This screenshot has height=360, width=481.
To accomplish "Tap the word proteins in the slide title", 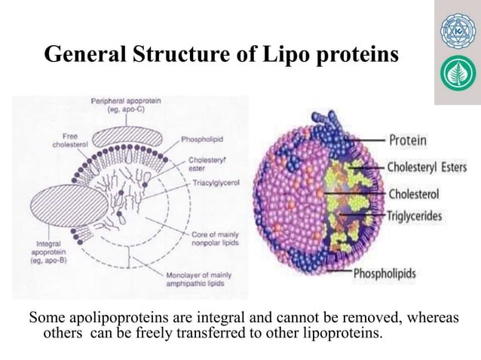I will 351,55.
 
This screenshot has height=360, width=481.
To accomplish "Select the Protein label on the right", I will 408,139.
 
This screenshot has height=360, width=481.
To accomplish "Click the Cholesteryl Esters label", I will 427,166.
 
